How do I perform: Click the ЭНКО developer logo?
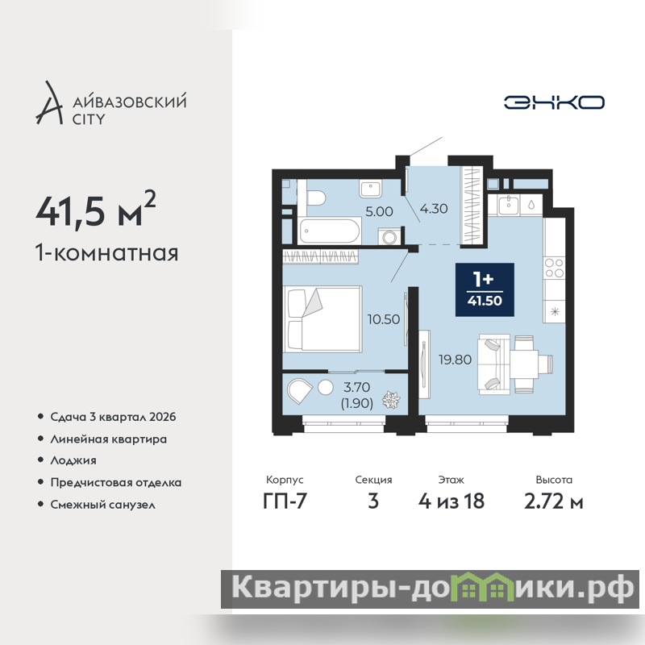click(554, 102)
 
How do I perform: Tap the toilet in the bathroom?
click(316, 198)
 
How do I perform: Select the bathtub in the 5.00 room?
click(330, 231)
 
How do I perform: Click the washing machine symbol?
click(389, 236)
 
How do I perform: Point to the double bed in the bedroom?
click(322, 319)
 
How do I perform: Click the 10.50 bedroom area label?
click(384, 319)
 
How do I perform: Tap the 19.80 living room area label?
click(455, 360)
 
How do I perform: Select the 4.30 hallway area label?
click(434, 209)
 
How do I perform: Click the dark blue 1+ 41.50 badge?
click(485, 289)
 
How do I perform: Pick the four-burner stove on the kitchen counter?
click(554, 268)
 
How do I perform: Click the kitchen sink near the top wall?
click(509, 205)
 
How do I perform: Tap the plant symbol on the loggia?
click(391, 399)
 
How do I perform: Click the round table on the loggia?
click(326, 388)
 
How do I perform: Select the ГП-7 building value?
click(285, 501)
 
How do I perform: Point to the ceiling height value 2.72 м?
click(554, 501)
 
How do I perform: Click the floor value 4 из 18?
click(451, 501)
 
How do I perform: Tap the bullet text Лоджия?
click(73, 460)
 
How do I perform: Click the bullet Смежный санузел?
click(103, 505)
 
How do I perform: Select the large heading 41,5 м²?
click(96, 210)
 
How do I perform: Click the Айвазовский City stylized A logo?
click(49, 103)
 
